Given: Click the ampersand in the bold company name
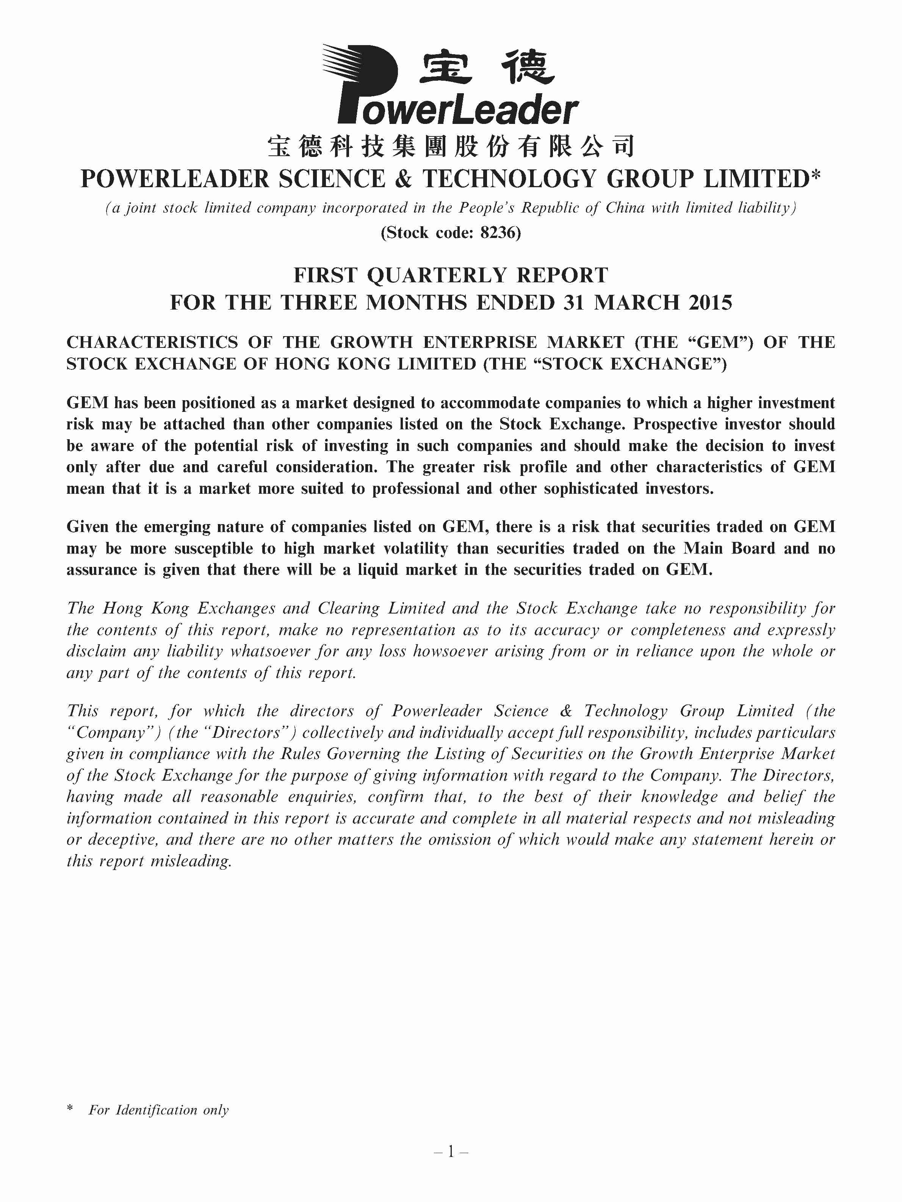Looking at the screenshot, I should click(x=403, y=179).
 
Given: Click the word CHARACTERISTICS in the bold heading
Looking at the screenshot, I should click(x=152, y=342).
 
